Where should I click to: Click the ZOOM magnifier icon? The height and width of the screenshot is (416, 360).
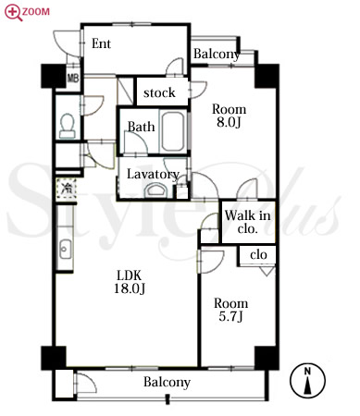(x=13, y=13)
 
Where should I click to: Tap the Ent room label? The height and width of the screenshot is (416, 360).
(x=101, y=43)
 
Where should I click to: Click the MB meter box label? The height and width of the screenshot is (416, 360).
(x=73, y=78)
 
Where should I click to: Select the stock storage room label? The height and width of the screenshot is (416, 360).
(x=159, y=92)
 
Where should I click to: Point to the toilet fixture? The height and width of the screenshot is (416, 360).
(x=68, y=127)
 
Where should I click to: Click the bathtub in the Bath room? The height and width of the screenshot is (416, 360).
(x=172, y=131)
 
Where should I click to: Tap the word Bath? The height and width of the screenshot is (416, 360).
(x=141, y=127)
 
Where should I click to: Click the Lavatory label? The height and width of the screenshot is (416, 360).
(x=153, y=175)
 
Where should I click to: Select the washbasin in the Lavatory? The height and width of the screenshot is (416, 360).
(x=155, y=190)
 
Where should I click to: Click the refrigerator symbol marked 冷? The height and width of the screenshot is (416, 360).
(x=66, y=188)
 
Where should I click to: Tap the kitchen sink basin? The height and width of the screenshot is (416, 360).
(x=66, y=249)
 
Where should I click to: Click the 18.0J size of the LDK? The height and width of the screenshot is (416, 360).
(x=130, y=288)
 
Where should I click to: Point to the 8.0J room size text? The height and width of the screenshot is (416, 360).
(x=229, y=122)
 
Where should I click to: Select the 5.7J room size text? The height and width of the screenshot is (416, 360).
(x=230, y=316)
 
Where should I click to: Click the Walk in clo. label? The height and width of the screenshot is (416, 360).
(x=248, y=222)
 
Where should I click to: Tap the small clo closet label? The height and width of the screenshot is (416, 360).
(x=258, y=255)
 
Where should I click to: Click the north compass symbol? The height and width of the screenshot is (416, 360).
(x=307, y=380)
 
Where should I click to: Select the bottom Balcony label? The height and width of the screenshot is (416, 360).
(x=167, y=383)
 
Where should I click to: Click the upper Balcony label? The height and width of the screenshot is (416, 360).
(x=217, y=55)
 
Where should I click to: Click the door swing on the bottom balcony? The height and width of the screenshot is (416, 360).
(x=85, y=383)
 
